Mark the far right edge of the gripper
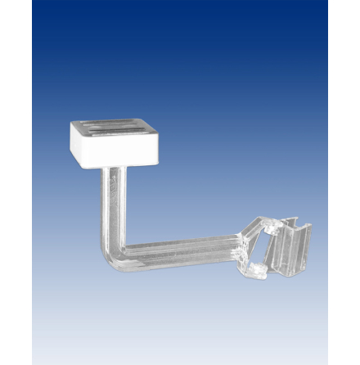pos(310,246)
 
